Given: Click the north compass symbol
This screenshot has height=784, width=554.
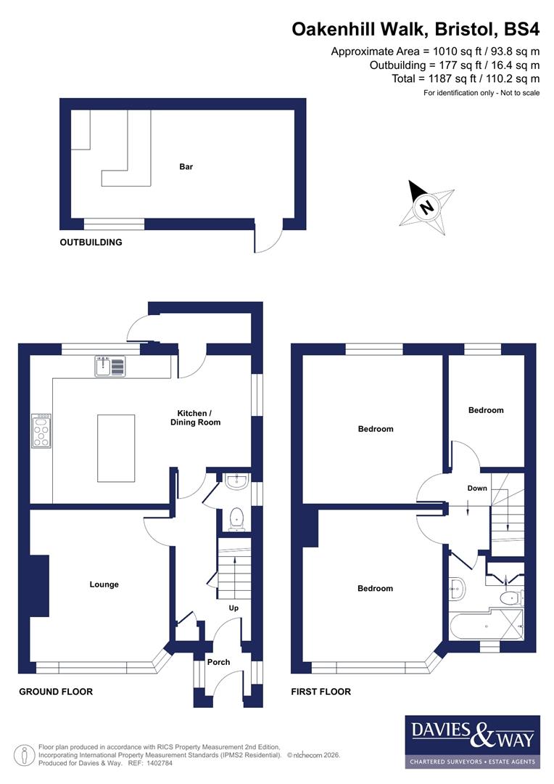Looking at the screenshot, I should (x=426, y=206).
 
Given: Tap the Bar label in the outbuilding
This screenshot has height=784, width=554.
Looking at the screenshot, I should (x=186, y=167).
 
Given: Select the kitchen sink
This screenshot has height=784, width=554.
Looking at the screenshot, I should (x=109, y=367).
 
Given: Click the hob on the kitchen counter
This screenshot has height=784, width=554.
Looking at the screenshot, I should (x=41, y=431).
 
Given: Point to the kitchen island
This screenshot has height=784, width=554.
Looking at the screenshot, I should (x=116, y=448).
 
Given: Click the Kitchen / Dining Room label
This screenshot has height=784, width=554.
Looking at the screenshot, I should (x=195, y=417).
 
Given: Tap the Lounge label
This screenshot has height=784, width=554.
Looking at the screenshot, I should (x=104, y=584).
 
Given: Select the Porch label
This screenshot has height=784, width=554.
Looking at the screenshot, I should (x=218, y=662).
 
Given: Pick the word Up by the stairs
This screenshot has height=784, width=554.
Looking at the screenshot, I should (x=233, y=608).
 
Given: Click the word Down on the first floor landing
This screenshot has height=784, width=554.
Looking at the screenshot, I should (x=477, y=489).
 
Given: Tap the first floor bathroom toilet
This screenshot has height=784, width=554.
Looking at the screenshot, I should (x=510, y=598).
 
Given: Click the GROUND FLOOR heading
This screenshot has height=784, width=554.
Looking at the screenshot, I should (x=56, y=692).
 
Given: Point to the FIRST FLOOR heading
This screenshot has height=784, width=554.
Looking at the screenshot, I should (x=321, y=692).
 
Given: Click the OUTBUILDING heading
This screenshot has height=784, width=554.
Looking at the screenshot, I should (x=91, y=242).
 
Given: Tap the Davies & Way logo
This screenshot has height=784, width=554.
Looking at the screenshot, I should (x=472, y=740).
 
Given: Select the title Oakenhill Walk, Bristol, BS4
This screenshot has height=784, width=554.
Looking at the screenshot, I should (x=415, y=29).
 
